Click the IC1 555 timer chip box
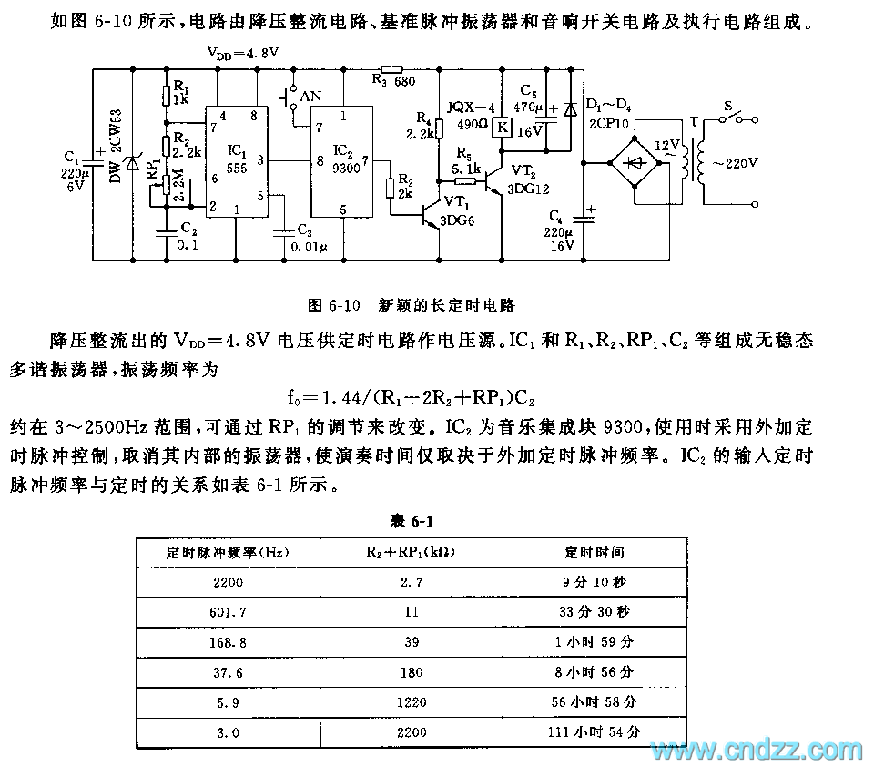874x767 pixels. [x=236, y=162]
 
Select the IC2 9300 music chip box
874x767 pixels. [x=341, y=162]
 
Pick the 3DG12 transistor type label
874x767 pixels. [x=528, y=189]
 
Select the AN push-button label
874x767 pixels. [x=311, y=96]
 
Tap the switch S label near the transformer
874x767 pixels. [x=728, y=106]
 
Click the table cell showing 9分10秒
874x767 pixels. [x=595, y=581]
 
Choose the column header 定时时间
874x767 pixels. [x=595, y=552]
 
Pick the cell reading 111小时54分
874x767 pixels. [x=595, y=731]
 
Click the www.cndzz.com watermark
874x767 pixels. [x=755, y=750]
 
